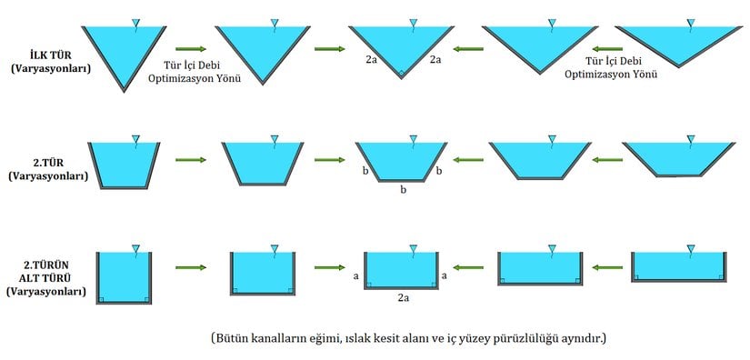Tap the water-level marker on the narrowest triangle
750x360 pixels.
click(135, 22)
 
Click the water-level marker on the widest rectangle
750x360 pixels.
click(691, 250)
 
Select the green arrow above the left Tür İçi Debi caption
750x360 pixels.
click(190, 48)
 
